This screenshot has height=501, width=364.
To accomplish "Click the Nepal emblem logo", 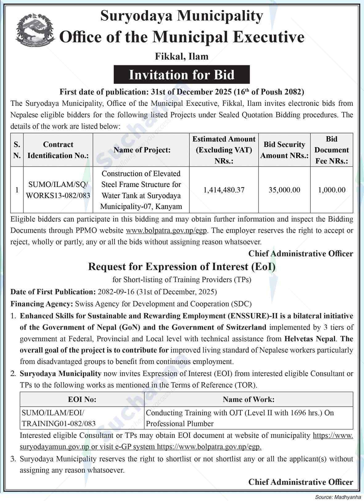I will coord(35,30).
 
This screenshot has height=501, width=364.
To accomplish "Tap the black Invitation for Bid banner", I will coord(182,75).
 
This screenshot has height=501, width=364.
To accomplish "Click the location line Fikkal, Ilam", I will coord(182,56).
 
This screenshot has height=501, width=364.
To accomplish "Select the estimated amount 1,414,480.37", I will coord(224,190).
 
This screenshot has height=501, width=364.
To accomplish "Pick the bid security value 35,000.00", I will coord(284,190).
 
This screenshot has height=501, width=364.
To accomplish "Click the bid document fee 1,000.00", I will coord(332,190).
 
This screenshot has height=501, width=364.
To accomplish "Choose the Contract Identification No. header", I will coord(58,150).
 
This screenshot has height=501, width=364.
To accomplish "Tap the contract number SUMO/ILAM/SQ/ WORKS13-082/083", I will coord(58,190).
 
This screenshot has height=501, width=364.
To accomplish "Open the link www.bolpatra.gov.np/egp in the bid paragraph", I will coord(166,231).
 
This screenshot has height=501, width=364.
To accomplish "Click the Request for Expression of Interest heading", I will coord(182,267).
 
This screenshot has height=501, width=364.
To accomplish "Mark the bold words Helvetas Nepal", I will coord(309,339).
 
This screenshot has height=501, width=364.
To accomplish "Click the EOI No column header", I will coord(82,399).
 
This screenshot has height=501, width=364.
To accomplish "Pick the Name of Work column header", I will coord(248,399).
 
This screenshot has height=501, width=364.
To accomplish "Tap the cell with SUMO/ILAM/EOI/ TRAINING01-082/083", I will coord(59,418).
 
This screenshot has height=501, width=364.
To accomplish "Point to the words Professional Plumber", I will coord(180,424).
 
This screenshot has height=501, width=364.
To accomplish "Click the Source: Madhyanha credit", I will coord(338,497).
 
